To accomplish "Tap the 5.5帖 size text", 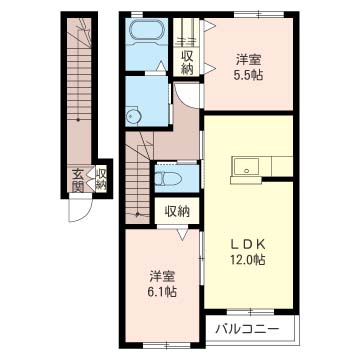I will (250, 75).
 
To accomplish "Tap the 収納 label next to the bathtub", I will (187, 61).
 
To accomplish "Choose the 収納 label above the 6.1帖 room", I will (176, 212).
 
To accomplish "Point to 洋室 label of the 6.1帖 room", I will (163, 275).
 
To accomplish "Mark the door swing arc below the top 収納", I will (185, 97).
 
